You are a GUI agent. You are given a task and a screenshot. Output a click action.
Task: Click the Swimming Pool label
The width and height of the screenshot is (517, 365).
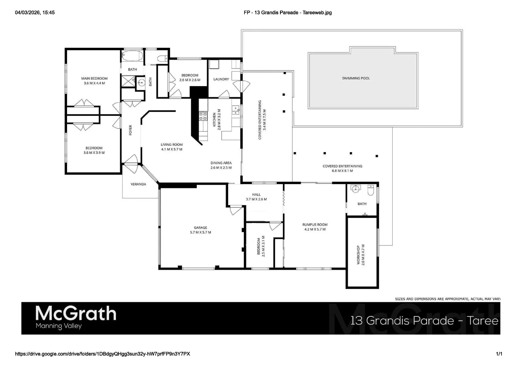click(356, 78)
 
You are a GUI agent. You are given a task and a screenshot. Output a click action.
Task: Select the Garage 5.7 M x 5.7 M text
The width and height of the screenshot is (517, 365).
click(200, 230)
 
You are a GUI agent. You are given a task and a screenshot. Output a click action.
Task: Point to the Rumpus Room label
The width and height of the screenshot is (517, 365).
click(315, 227)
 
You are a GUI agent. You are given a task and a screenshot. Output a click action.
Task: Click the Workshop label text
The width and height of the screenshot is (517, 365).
click(361, 255)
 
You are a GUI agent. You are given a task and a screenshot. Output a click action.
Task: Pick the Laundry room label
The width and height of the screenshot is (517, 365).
click(221, 79)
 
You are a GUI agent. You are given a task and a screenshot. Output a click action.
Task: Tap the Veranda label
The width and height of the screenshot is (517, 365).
click(138, 184)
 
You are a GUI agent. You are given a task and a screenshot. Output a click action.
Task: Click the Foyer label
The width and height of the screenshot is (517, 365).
click(130, 130)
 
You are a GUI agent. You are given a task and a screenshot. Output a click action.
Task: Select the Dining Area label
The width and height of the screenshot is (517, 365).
click(221, 165)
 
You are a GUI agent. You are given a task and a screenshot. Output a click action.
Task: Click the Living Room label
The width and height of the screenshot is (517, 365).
click(172, 147)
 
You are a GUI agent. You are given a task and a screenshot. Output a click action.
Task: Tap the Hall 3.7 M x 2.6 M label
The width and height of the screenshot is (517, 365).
click(256, 197)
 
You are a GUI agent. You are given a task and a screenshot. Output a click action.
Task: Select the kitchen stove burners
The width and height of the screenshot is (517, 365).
click(203, 116)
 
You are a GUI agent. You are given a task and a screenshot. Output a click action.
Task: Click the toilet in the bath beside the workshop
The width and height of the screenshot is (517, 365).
click(371, 191)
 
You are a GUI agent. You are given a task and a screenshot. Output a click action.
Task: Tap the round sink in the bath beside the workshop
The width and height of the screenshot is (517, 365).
click(355, 189)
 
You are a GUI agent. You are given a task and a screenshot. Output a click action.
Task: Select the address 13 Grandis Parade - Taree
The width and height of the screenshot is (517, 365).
click(424, 320)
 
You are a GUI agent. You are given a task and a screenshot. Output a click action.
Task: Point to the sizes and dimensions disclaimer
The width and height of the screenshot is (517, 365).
click(447, 299)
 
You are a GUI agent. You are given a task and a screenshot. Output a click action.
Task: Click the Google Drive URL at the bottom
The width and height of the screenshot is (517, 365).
click(103, 354)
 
